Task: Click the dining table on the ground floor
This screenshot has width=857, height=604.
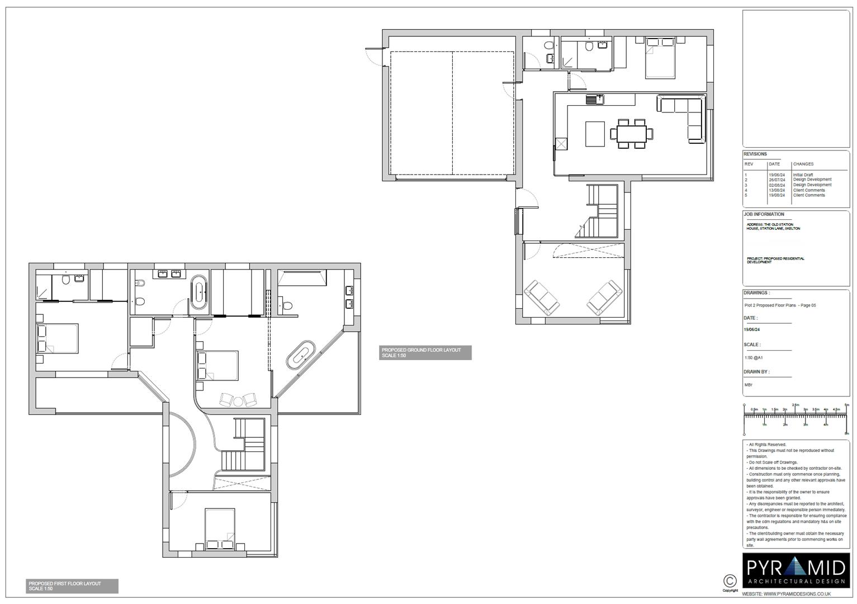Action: pos(631,134)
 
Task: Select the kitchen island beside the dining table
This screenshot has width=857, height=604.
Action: pos(595,134)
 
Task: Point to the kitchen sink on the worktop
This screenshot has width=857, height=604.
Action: pos(593,100)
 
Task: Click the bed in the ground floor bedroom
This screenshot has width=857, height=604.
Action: pos(660,57)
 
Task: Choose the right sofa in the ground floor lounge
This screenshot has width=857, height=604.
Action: pos(604,298)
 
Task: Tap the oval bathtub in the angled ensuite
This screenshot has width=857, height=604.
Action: pos(302,355)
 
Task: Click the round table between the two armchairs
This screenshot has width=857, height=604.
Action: pos(238,401)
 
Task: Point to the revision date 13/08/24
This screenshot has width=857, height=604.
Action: pos(776,190)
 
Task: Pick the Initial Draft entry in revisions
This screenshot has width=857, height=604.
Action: pos(803,175)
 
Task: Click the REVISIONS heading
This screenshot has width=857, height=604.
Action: pos(755,154)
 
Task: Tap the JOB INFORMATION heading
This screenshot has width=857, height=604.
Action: pos(764,214)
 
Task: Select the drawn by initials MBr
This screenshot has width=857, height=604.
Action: pos(748,385)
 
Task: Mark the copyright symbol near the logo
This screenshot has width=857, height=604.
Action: pos(730,581)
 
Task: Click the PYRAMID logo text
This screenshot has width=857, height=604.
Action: pos(796,569)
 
